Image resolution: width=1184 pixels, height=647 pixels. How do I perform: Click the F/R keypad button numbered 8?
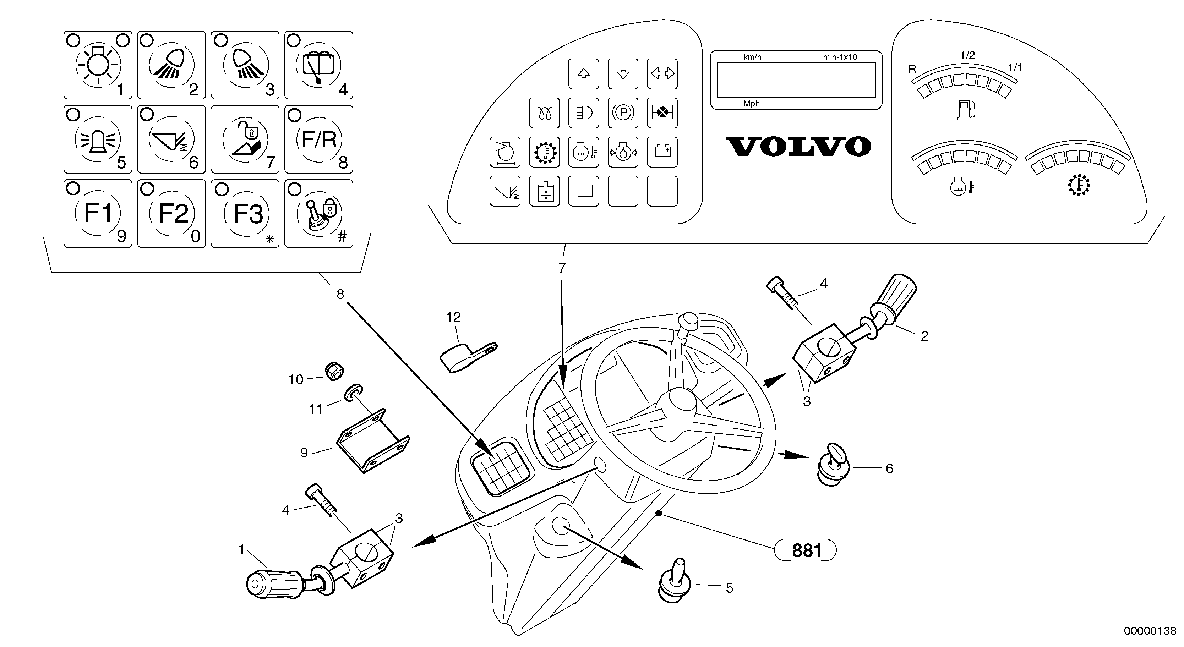pyautogui.click(x=318, y=139)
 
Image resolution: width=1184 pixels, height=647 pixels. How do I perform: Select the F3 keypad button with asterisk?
pyautogui.click(x=245, y=214)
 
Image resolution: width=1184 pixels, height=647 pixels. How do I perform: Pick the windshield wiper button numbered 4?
pyautogui.click(x=318, y=65)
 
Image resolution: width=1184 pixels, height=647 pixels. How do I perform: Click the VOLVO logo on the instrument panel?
pyautogui.click(x=798, y=147)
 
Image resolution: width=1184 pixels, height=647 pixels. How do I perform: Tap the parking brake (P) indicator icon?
pyautogui.click(x=623, y=113)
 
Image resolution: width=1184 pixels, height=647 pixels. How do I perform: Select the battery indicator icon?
pyautogui.click(x=662, y=152)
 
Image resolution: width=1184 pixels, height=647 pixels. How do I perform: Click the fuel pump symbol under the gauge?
pyautogui.click(x=965, y=110)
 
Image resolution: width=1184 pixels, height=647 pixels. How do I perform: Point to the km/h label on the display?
pyautogui.click(x=752, y=57)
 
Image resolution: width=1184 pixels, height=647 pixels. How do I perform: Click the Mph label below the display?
pyautogui.click(x=752, y=104)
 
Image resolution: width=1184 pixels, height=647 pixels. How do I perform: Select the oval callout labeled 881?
pyautogui.click(x=805, y=550)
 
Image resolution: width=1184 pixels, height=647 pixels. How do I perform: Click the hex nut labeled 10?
pyautogui.click(x=334, y=371)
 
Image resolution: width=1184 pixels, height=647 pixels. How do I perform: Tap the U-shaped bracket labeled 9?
pyautogui.click(x=372, y=441)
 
